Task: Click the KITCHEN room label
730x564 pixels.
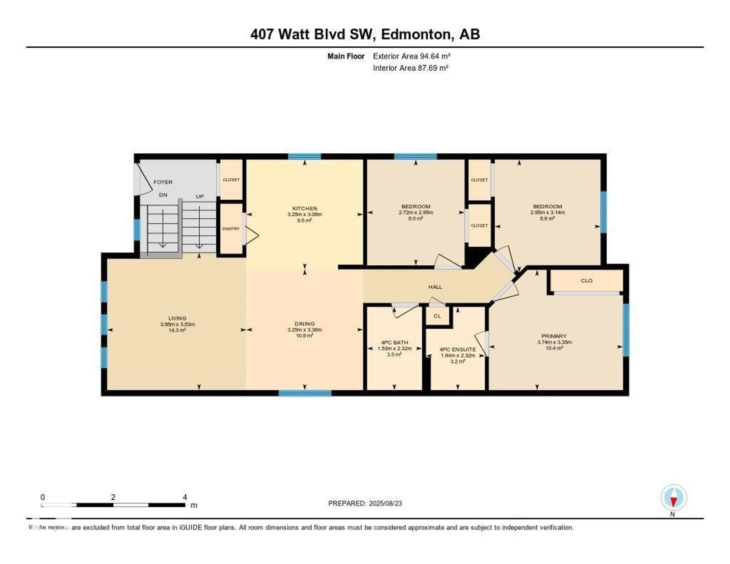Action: (x=305, y=208)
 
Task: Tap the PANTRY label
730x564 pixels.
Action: (x=231, y=229)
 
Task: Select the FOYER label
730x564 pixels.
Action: (x=163, y=182)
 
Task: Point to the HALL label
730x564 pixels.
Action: (x=435, y=287)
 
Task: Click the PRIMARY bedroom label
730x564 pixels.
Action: (x=554, y=336)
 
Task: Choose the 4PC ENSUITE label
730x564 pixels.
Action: (x=458, y=349)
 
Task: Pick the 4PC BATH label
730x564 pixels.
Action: (x=394, y=342)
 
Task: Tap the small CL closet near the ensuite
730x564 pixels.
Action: (x=437, y=316)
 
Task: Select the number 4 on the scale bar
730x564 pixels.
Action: (x=185, y=497)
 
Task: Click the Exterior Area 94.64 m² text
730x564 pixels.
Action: (x=411, y=56)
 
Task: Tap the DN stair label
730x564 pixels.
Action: (x=163, y=195)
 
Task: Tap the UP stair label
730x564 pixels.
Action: (x=200, y=197)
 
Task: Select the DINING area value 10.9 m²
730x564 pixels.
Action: (x=305, y=336)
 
